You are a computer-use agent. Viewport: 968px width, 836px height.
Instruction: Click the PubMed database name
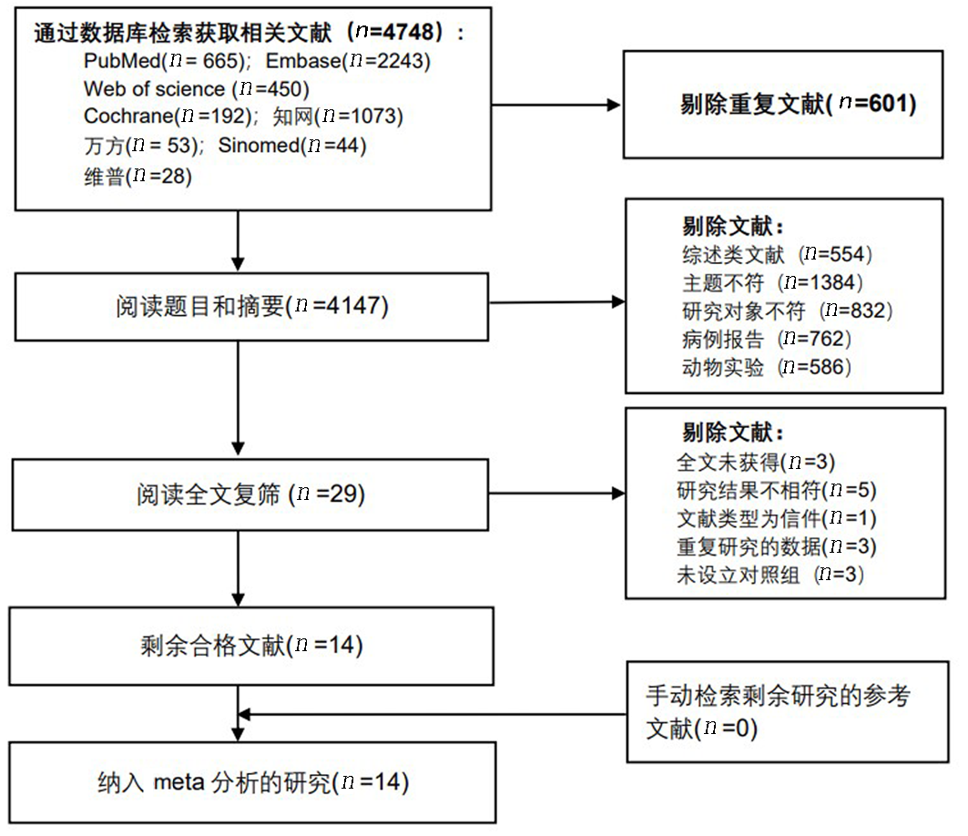[122, 61]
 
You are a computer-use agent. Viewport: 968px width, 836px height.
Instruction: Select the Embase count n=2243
[390, 60]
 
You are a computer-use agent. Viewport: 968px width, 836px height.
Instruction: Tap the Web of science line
[197, 89]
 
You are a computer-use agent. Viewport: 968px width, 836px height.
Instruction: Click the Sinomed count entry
[292, 146]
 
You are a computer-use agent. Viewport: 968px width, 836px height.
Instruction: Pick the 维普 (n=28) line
[138, 177]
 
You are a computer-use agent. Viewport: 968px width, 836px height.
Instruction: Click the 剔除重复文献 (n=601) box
[783, 105]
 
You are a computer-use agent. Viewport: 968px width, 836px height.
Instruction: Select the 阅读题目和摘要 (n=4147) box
[252, 307]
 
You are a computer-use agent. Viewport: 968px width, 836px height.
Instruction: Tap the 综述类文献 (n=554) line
[778, 254]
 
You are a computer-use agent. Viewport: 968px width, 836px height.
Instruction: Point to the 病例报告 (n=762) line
[767, 339]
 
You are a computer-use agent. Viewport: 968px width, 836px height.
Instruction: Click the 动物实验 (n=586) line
[767, 367]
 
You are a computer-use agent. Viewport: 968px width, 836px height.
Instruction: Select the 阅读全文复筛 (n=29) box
[250, 494]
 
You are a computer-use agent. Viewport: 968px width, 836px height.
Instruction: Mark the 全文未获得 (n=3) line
[756, 462]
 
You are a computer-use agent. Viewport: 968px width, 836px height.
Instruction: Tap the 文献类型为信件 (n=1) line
[777, 518]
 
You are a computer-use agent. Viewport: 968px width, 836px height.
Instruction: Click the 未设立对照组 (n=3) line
[770, 575]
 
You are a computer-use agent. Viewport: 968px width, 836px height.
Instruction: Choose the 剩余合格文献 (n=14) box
[251, 647]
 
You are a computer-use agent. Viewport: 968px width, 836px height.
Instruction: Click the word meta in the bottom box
[179, 782]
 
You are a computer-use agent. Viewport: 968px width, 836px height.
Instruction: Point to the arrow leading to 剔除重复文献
[555, 105]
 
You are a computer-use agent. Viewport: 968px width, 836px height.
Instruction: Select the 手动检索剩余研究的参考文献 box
[787, 712]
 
